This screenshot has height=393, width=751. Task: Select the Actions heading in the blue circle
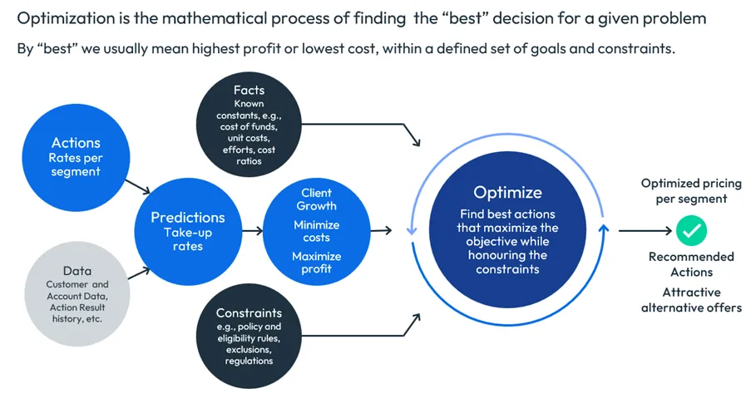[x=76, y=143]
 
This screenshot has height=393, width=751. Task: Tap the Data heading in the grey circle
[x=77, y=271]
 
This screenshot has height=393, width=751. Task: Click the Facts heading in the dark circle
[x=249, y=90]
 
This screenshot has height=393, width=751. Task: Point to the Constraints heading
[x=249, y=313]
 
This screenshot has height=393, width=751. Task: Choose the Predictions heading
[x=187, y=217]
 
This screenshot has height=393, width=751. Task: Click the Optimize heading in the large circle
[x=507, y=192]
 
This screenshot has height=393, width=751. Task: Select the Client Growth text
[x=316, y=199]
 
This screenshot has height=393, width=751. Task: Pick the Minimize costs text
[x=316, y=231]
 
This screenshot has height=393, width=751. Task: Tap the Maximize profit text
[x=316, y=263]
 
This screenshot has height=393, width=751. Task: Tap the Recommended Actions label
[x=691, y=264]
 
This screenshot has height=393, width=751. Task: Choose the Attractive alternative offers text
[x=691, y=300]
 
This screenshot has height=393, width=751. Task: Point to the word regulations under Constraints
[x=249, y=361]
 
